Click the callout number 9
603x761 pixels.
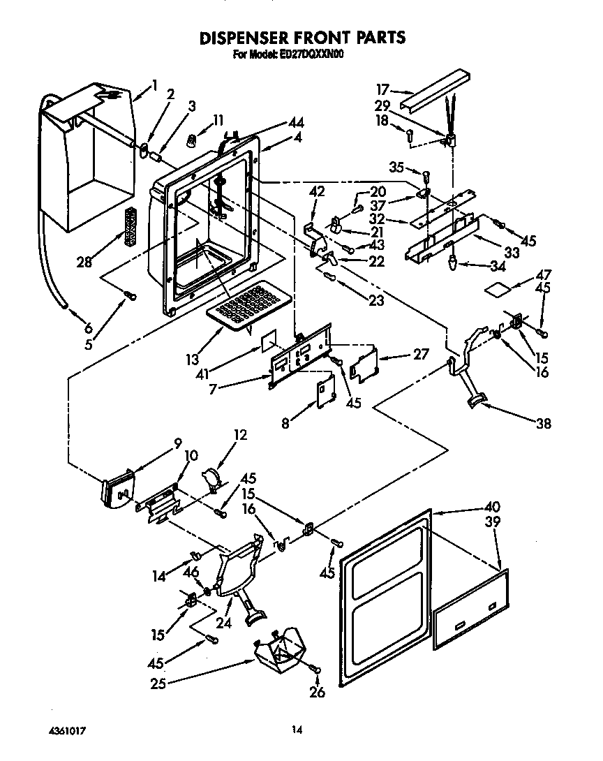[x=177, y=442]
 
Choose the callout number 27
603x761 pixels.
[x=422, y=353]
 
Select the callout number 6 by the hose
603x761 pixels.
[x=89, y=327]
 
